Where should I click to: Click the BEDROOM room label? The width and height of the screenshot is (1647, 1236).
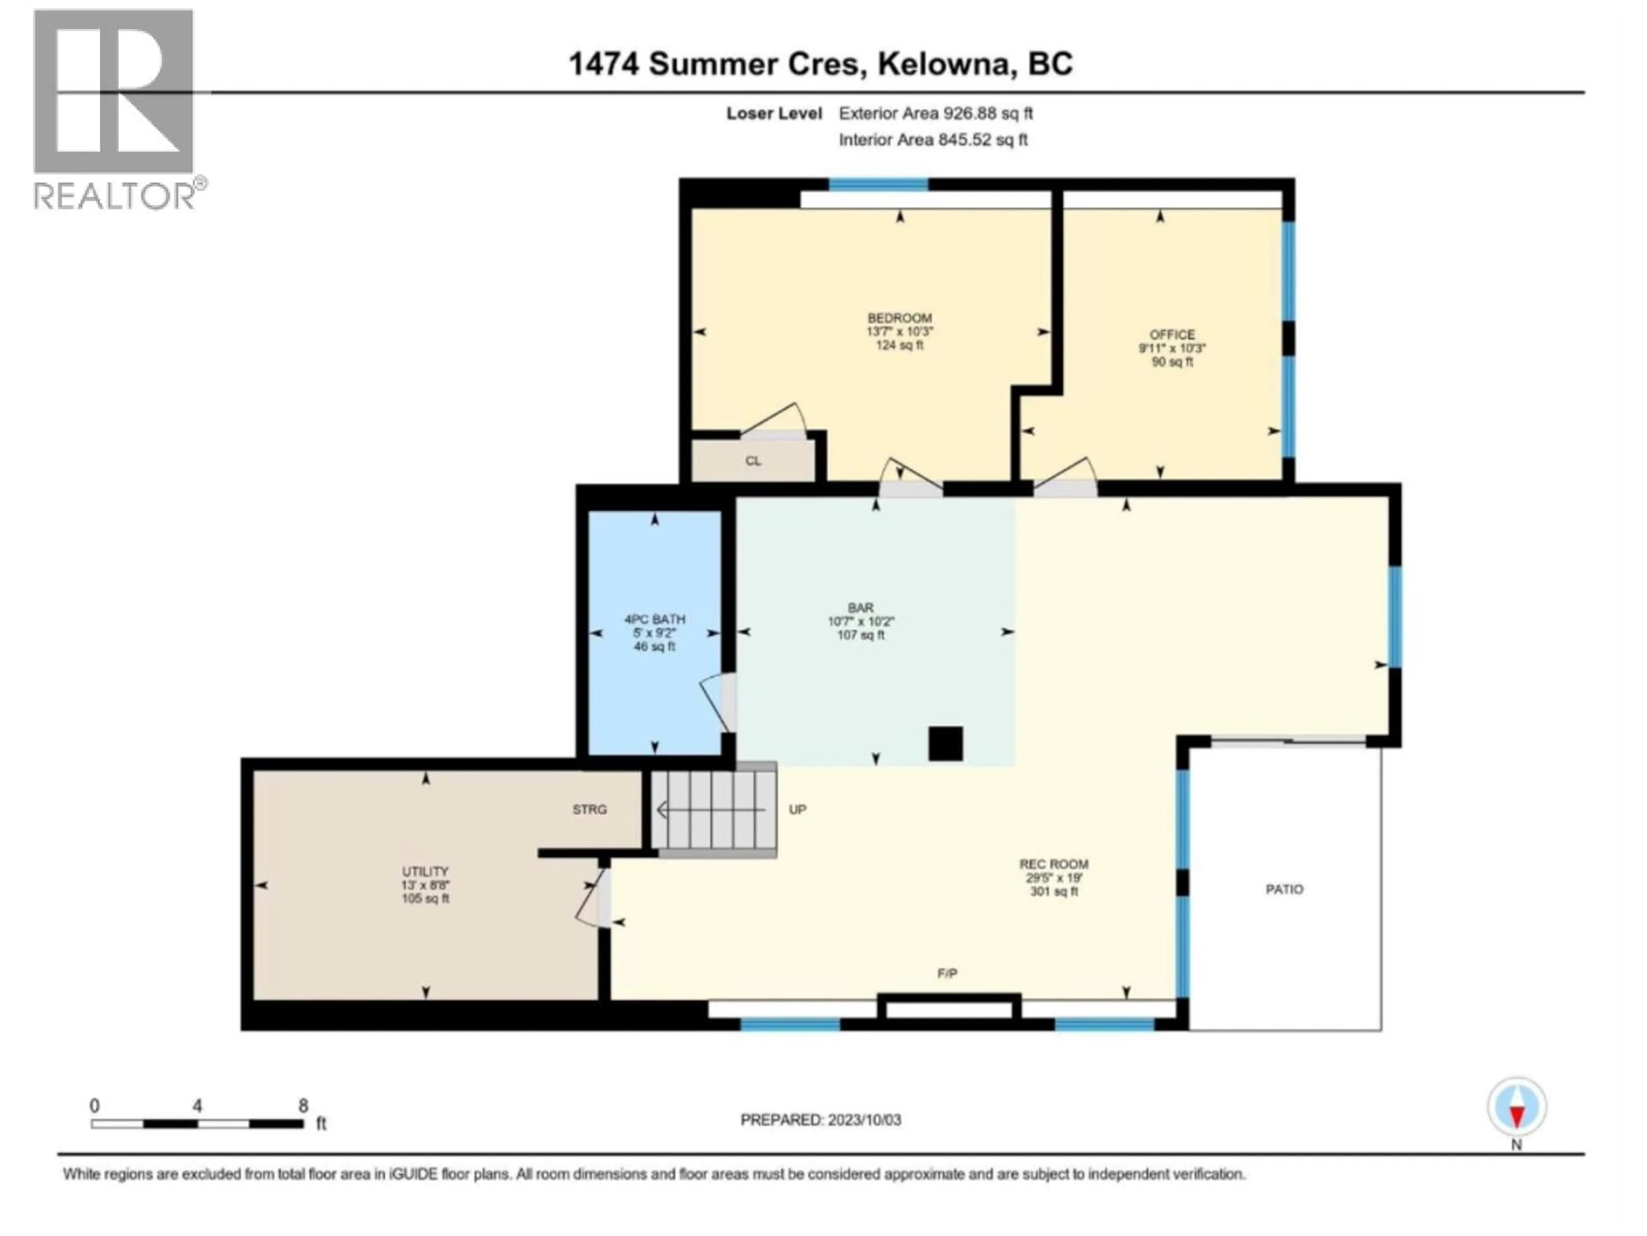pos(899,318)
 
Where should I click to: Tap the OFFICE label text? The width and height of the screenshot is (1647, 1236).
pos(1172,334)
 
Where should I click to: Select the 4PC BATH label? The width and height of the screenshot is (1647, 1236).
pos(655,619)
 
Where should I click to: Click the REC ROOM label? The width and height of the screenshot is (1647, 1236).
pos(1053,864)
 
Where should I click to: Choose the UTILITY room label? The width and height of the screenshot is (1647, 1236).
pos(425,871)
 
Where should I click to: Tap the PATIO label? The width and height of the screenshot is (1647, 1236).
pos(1285,889)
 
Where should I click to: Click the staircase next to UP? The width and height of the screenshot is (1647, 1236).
pos(713,809)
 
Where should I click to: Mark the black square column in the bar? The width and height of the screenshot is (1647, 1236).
pos(945,744)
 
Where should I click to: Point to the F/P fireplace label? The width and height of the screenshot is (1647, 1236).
pos(946,973)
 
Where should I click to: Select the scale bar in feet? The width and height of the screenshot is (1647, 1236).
pos(197,1123)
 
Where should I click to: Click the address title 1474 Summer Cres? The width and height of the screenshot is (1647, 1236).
pos(820,64)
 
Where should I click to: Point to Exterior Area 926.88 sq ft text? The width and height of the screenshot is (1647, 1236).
pos(935,113)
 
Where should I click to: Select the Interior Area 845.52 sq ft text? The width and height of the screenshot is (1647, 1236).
pos(933,139)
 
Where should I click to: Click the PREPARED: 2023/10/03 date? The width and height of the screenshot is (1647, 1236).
pos(820,1120)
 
